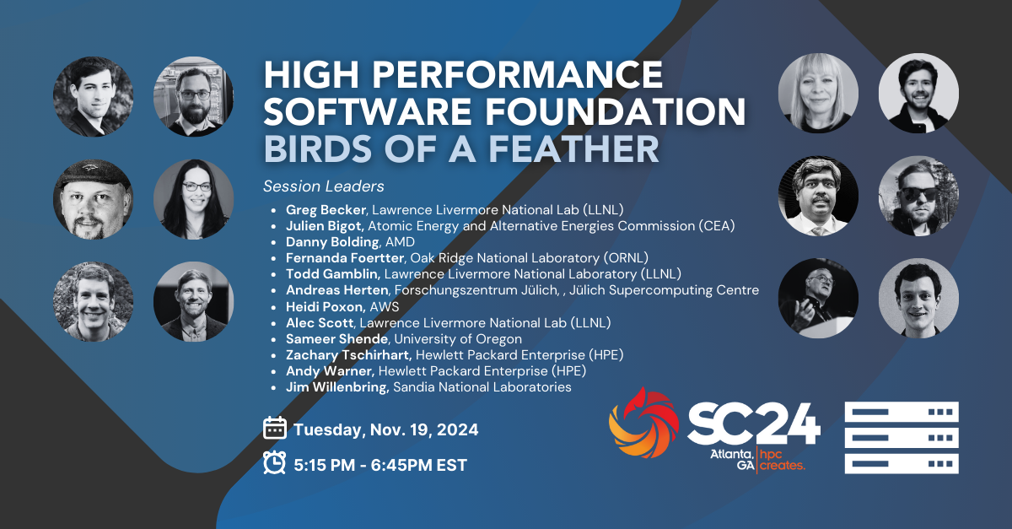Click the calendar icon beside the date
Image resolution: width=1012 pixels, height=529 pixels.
[x=275, y=428]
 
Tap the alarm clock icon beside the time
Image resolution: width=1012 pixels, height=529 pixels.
[x=275, y=462]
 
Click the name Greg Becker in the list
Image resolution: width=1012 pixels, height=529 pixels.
[x=326, y=210]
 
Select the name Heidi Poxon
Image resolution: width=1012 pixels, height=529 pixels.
[x=325, y=306]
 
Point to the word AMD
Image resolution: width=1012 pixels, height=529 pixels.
[x=400, y=242]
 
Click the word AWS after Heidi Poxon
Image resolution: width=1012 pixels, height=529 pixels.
[x=385, y=306]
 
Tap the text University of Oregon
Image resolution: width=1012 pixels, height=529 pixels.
[x=458, y=338]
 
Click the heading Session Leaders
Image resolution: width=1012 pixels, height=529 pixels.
[x=324, y=186]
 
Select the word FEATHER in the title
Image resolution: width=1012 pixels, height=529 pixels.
[x=573, y=148]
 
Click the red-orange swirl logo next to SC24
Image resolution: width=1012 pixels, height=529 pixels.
[x=643, y=423]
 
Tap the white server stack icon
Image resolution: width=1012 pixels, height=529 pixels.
[x=902, y=438]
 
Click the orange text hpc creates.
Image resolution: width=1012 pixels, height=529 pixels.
[x=782, y=460]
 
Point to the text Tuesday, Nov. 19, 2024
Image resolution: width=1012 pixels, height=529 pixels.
[x=386, y=429]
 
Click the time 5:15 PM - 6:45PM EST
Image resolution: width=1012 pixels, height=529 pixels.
[x=380, y=465]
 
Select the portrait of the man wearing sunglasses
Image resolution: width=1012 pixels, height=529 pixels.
[x=918, y=197]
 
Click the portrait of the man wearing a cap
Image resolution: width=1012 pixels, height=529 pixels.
[x=93, y=199]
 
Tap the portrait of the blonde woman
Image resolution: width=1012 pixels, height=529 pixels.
[x=818, y=93]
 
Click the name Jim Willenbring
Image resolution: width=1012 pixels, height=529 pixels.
[x=337, y=387]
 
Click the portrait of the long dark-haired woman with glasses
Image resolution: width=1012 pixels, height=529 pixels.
[x=193, y=199]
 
